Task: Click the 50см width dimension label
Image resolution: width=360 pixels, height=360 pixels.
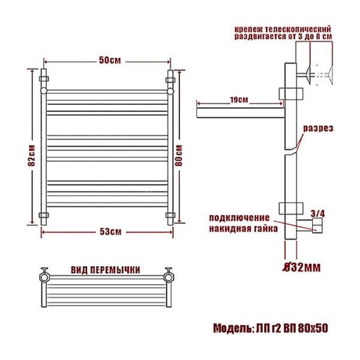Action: click(x=110, y=61)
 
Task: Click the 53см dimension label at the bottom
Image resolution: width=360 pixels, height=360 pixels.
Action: click(x=110, y=232)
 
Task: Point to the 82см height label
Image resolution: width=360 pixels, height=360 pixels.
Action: click(x=31, y=155)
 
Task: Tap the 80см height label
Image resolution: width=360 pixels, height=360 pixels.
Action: click(x=179, y=155)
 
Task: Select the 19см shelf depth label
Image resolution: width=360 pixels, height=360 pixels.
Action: click(x=239, y=100)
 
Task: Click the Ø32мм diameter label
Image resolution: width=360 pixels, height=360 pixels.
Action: click(x=301, y=267)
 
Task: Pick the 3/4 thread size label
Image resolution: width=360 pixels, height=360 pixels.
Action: click(x=318, y=214)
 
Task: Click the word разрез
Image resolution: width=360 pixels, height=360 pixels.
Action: click(x=318, y=128)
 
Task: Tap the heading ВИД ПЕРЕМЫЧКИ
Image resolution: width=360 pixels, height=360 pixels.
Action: click(x=105, y=270)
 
